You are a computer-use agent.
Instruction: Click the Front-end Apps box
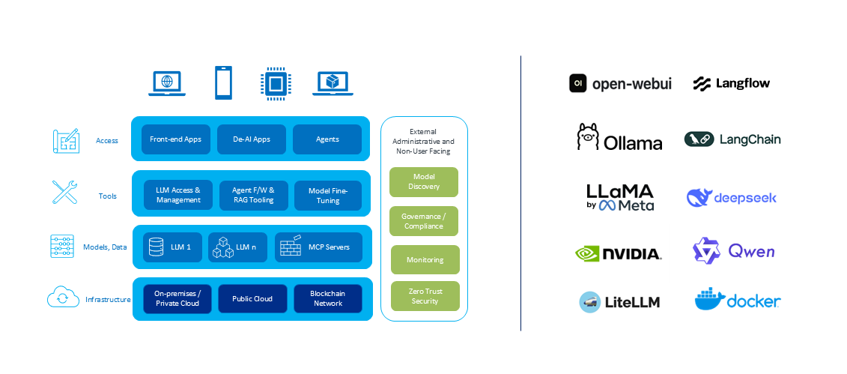click(x=175, y=139)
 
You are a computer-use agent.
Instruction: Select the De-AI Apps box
click(x=251, y=139)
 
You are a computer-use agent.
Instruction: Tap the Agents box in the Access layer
click(x=327, y=139)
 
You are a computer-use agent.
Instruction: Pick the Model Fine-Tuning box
click(x=328, y=196)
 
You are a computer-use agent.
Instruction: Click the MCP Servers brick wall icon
click(x=290, y=246)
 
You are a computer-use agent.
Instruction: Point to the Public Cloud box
click(x=252, y=299)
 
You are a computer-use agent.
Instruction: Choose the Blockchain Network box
click(x=328, y=299)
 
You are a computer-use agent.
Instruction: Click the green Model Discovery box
click(x=424, y=181)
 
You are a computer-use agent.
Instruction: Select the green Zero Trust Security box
click(x=425, y=295)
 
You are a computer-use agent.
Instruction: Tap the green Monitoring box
click(x=425, y=259)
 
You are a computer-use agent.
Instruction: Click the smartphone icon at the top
click(x=223, y=82)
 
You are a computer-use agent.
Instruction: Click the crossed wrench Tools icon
click(x=64, y=193)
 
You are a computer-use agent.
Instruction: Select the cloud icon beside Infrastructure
click(x=63, y=297)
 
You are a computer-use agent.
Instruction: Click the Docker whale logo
click(x=709, y=299)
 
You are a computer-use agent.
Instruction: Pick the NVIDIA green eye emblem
click(x=588, y=253)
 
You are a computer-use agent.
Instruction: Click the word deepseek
click(x=745, y=198)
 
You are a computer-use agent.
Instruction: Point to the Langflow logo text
click(x=743, y=83)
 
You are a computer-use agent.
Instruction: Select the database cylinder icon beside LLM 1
click(x=156, y=247)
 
